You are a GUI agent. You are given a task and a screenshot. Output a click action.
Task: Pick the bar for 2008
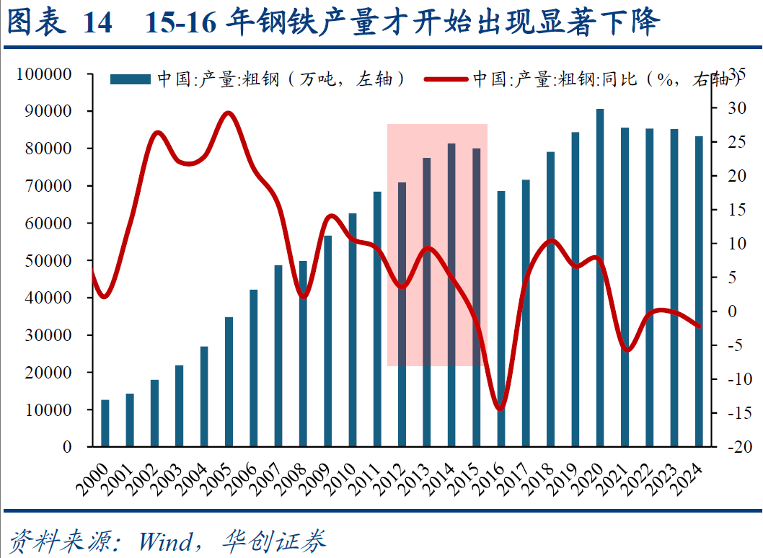click(x=304, y=353)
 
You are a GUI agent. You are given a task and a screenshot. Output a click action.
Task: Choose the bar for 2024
click(x=699, y=291)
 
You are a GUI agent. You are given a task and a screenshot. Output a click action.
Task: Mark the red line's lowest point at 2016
click(x=500, y=409)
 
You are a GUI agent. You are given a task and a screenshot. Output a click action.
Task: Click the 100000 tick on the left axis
click(x=44, y=74)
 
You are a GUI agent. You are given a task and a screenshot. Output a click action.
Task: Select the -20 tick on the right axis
click(x=736, y=447)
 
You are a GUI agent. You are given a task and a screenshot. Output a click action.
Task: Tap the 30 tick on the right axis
click(x=734, y=108)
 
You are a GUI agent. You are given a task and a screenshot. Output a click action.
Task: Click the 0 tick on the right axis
click(x=731, y=311)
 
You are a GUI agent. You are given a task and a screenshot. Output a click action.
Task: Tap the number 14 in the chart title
click(x=98, y=24)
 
